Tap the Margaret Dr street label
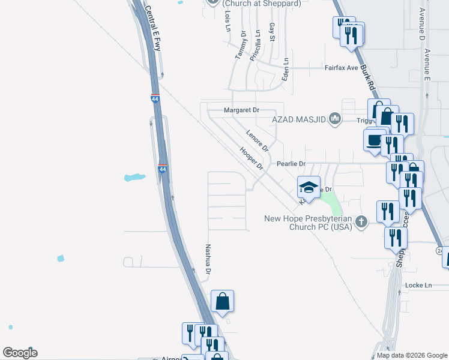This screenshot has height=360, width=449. [x=241, y=110]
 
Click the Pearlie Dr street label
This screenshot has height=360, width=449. [x=291, y=164]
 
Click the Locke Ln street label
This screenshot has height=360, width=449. [x=419, y=285]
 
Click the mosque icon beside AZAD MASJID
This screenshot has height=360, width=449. [x=335, y=119]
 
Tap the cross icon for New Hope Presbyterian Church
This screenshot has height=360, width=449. [x=361, y=221]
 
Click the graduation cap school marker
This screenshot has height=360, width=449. [x=309, y=187]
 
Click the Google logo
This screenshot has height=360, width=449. [x=20, y=353]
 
